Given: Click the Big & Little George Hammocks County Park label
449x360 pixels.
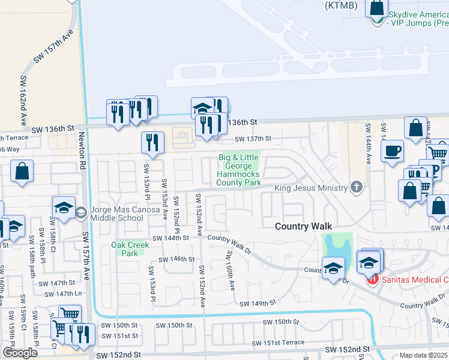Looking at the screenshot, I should pos(238,170).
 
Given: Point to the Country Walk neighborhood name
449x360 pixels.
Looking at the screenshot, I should pos(300,226).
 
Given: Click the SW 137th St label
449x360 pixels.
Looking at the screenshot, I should pos(252,139).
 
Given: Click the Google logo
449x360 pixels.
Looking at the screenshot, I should pos(20,353).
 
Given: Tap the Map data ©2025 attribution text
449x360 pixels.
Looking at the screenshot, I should pos(424,355).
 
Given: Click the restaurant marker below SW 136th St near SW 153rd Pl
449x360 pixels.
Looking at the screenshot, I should pos(152,143).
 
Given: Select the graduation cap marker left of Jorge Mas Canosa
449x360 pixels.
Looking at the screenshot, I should pos(64,207).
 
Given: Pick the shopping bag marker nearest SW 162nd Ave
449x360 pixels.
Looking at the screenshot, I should pos(22,171).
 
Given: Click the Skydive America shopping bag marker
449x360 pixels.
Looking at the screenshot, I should pos(376,8).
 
